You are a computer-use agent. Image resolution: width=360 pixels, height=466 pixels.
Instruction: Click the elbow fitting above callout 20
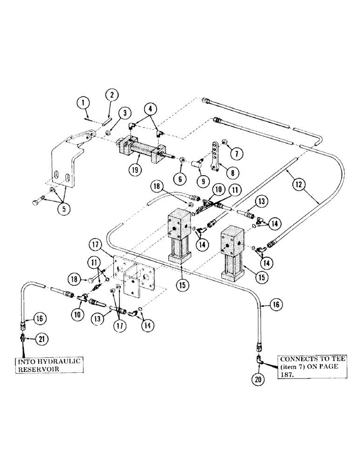tap(260, 359)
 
